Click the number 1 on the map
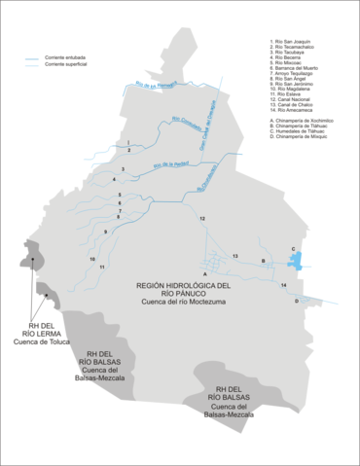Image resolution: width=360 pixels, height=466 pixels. point(127,143)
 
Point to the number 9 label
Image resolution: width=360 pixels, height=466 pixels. point(105,232)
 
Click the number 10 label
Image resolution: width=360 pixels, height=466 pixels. point(91,260)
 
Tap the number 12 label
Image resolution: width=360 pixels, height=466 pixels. point(202,221)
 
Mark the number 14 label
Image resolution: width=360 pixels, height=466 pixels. point(283,284)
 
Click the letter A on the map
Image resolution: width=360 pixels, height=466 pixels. point(205,278)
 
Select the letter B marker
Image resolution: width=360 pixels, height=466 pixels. point(263,261)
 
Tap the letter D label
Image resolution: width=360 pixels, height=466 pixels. point(297,302)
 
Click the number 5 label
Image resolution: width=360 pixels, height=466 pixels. point(120,197)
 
